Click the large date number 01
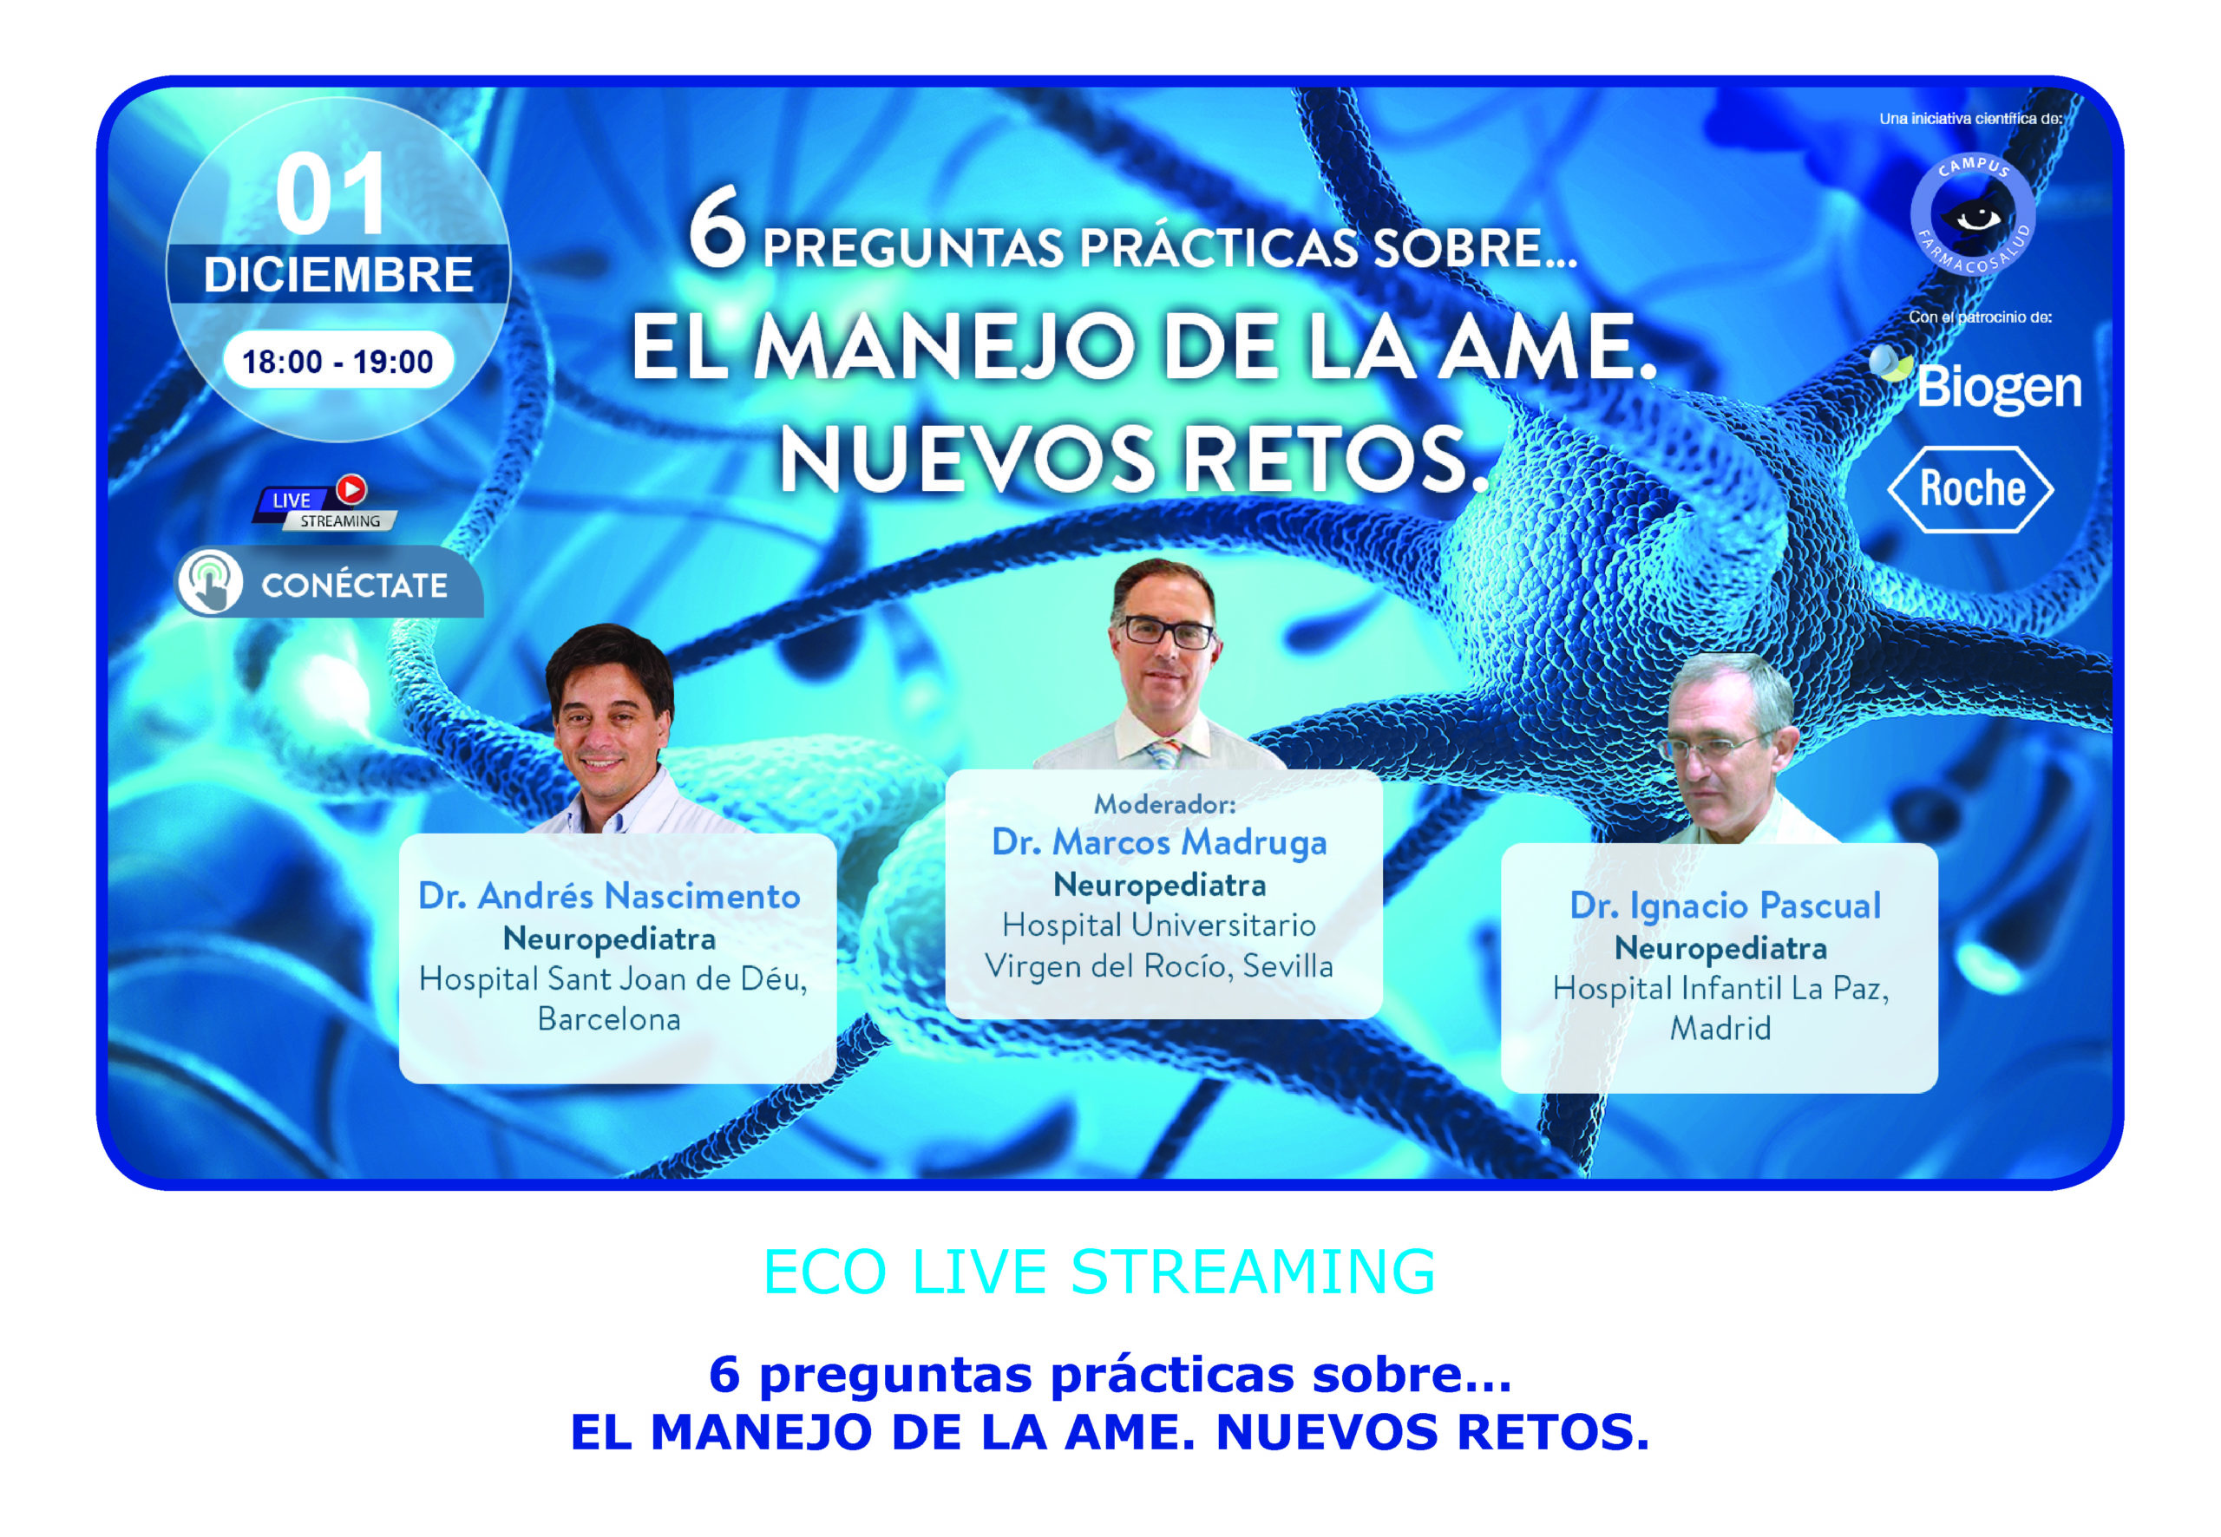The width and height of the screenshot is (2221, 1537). click(331, 193)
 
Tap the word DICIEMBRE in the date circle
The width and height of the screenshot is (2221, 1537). click(338, 274)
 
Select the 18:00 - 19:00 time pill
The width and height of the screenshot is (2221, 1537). click(338, 361)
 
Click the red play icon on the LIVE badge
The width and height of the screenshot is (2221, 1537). click(351, 489)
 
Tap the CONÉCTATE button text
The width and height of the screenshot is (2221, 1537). click(355, 585)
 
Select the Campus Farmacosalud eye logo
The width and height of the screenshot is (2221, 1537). click(1973, 213)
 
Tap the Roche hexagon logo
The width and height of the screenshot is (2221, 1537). click(1970, 489)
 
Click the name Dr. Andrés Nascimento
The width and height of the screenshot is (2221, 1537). click(609, 896)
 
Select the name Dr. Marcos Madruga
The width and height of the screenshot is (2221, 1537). click(1160, 841)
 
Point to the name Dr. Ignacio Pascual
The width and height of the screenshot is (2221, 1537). click(1725, 906)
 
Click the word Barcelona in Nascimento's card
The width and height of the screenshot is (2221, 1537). click(609, 1019)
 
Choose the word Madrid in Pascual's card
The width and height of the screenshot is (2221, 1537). click(1720, 1029)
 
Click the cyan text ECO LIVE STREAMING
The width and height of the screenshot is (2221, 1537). click(1099, 1272)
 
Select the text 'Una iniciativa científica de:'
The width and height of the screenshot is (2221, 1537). click(1970, 119)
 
